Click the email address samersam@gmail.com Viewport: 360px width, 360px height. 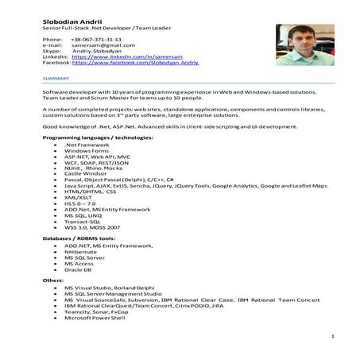[x=102, y=45]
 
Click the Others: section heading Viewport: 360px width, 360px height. [x=53, y=281]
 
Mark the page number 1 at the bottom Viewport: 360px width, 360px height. [x=331, y=339]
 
